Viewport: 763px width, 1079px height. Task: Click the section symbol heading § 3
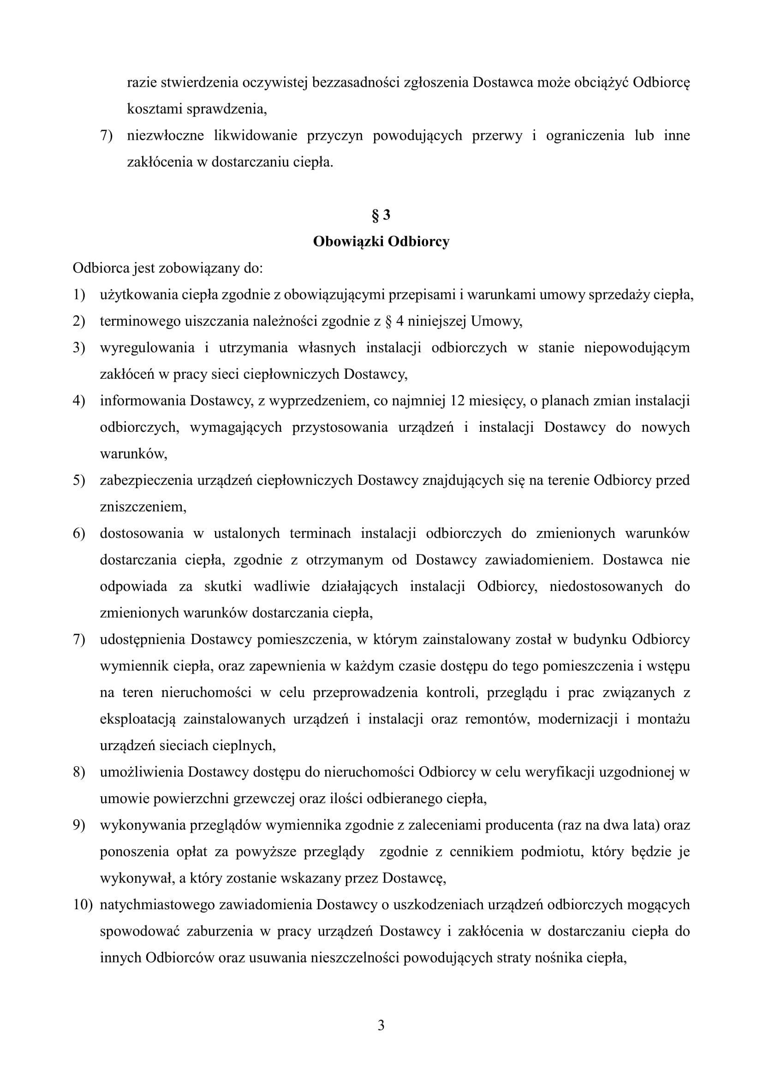tap(381, 215)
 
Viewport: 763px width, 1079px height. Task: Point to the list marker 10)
tap(83, 905)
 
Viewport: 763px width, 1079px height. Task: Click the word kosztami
tap(155, 109)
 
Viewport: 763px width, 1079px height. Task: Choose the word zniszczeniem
tap(143, 507)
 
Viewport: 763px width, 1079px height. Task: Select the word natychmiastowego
tap(157, 905)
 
